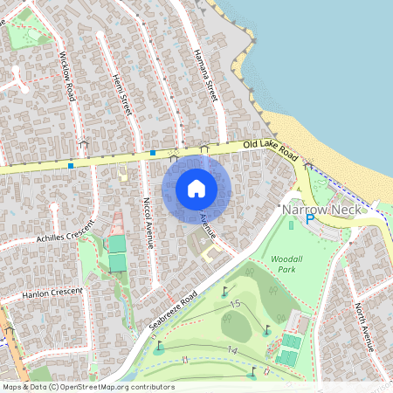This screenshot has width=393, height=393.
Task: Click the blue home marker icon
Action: (x=196, y=189)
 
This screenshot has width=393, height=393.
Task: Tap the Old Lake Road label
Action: (x=271, y=147)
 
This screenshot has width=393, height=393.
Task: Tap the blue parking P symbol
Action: (x=309, y=220)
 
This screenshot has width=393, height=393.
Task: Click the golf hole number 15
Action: (x=235, y=303)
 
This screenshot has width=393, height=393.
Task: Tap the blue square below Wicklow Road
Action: (x=70, y=164)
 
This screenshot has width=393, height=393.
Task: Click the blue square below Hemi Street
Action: (x=153, y=153)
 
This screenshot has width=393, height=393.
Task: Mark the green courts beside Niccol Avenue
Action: (x=117, y=253)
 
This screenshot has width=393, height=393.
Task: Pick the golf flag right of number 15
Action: (x=266, y=329)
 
